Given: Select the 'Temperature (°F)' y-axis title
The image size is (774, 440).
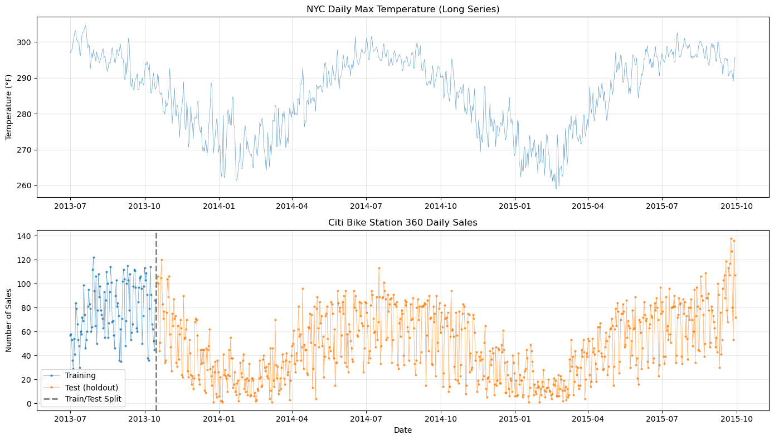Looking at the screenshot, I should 9,107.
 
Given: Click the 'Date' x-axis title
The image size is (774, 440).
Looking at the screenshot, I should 403,431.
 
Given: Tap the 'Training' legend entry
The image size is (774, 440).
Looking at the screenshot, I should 80,375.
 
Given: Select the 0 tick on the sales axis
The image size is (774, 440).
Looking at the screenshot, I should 31,404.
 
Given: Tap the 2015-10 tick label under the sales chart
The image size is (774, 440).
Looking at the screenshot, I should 737,418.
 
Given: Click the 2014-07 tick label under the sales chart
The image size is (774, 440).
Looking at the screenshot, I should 366,418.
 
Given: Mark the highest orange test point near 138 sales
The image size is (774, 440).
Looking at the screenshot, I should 731,238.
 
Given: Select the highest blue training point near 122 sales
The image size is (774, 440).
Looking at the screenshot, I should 94,257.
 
